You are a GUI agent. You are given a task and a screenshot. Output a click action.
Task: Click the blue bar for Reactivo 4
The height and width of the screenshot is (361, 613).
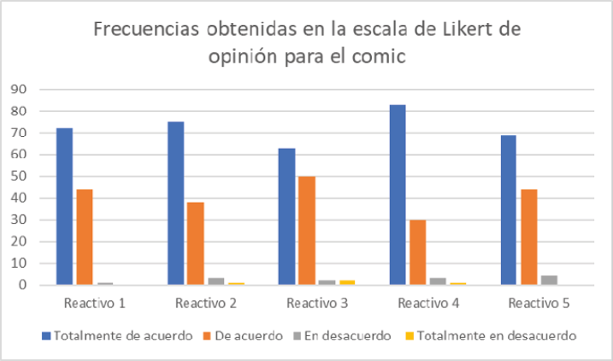pos(398,195)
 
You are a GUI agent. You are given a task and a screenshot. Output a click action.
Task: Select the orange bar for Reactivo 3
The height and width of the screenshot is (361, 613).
pos(307,231)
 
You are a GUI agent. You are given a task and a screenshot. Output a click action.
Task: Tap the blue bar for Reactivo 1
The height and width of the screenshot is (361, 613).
pos(64,206)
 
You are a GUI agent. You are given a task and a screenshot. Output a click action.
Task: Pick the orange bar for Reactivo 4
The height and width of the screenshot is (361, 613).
pos(418,252)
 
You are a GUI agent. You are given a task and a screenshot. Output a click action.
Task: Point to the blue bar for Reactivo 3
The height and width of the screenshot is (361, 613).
pos(286,216)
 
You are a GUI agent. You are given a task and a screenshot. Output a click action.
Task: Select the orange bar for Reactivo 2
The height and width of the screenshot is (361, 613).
pos(196,244)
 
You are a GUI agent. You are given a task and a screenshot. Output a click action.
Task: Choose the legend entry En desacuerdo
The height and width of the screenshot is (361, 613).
pos(342,335)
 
